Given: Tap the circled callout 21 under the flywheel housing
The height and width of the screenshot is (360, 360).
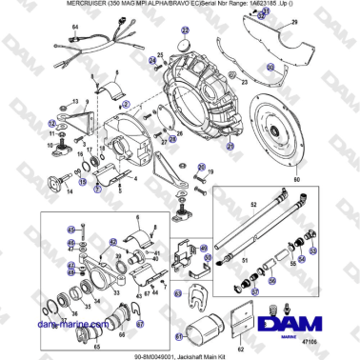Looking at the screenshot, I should (x=229, y=148).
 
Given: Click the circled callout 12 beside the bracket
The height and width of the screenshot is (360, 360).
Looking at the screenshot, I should (x=53, y=125).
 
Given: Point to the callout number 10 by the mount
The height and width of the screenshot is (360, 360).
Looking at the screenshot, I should (x=51, y=147).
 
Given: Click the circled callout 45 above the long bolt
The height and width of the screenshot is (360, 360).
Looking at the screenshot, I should (x=70, y=230).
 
